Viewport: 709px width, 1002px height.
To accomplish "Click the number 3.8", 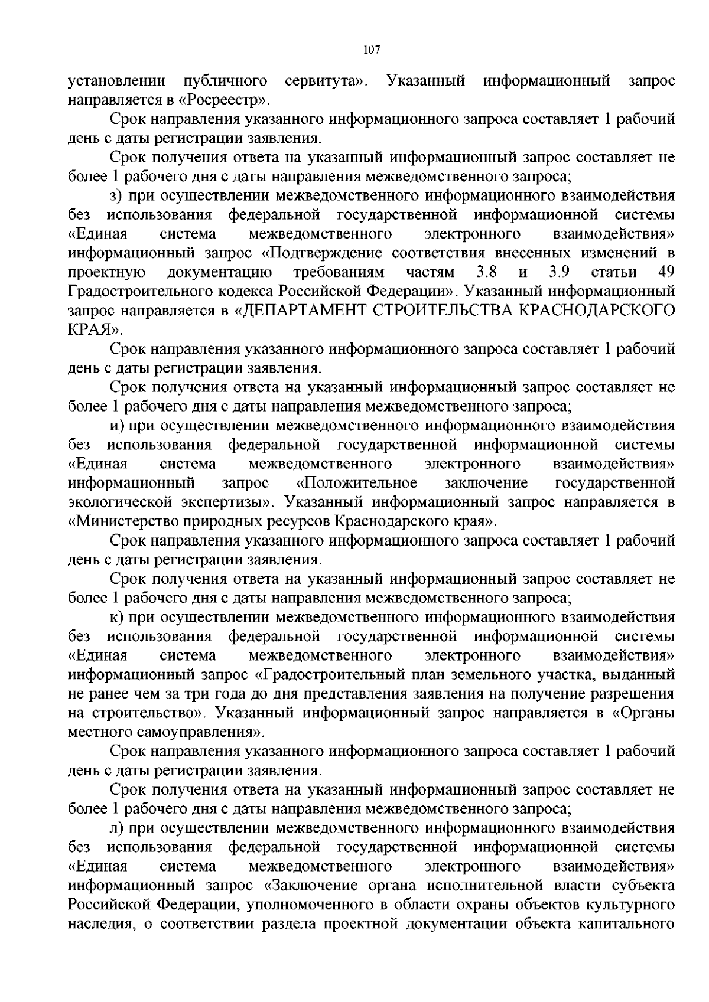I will point(486,272).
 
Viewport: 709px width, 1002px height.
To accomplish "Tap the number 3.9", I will point(558,272).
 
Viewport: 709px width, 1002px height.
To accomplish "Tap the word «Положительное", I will point(357,483).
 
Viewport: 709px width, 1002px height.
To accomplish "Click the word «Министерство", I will point(128,521).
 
